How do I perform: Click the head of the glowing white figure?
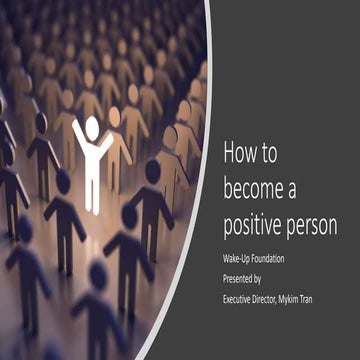(x=92, y=127)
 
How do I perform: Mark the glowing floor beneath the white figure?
(x=96, y=216)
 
